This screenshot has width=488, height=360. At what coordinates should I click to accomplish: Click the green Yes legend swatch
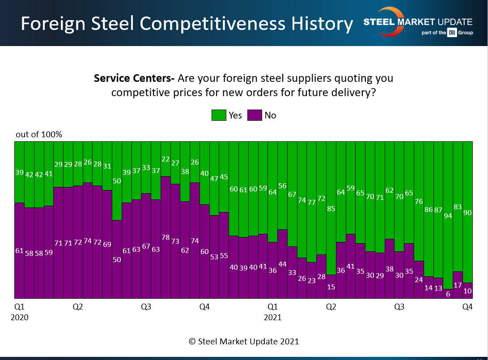pos(218,115)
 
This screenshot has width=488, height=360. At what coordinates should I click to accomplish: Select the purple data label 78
pos(165,237)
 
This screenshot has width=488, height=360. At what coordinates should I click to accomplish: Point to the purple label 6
pos(448,294)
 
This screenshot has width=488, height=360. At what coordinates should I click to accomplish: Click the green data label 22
pos(165,159)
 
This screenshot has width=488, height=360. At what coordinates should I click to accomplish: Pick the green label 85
pos(331,208)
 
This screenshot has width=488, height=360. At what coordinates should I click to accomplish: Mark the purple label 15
pos(331,287)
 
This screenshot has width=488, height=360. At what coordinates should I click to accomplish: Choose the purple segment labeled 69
pos(107,245)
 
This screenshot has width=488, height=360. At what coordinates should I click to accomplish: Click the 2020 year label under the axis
pos(19,318)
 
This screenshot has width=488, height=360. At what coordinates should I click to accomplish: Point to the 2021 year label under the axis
pos(272,318)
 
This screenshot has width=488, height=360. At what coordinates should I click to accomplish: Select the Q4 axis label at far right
pos(467,307)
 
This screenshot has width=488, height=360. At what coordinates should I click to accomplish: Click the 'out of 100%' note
pos(39,134)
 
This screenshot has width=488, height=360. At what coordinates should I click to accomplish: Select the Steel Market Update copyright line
pos(244,341)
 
